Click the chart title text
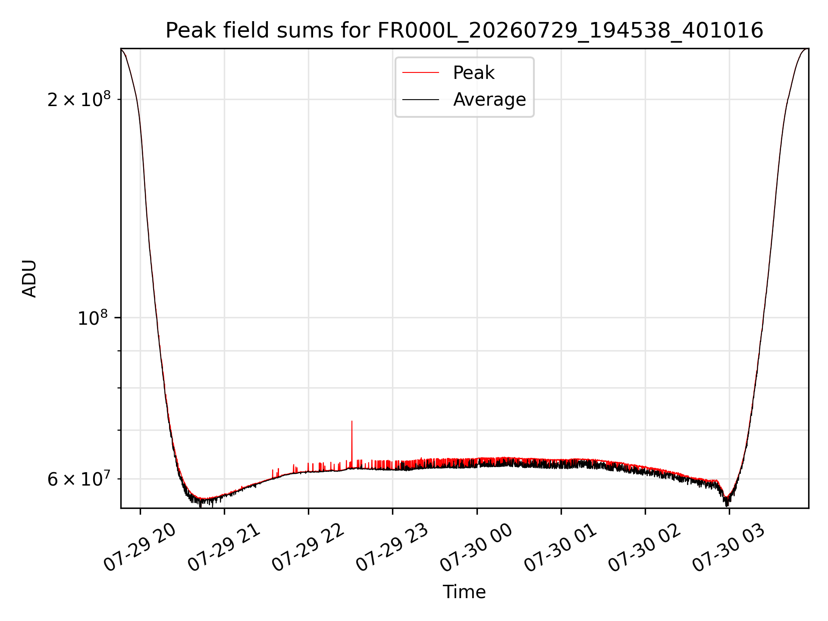pos(464,31)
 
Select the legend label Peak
pos(474,73)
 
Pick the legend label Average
pos(489,100)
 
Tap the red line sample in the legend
pos(420,73)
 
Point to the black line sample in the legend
pos(420,100)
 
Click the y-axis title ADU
pos(29,279)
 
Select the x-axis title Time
pos(464,592)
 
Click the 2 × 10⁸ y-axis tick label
pos(79,99)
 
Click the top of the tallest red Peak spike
pos(352,421)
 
